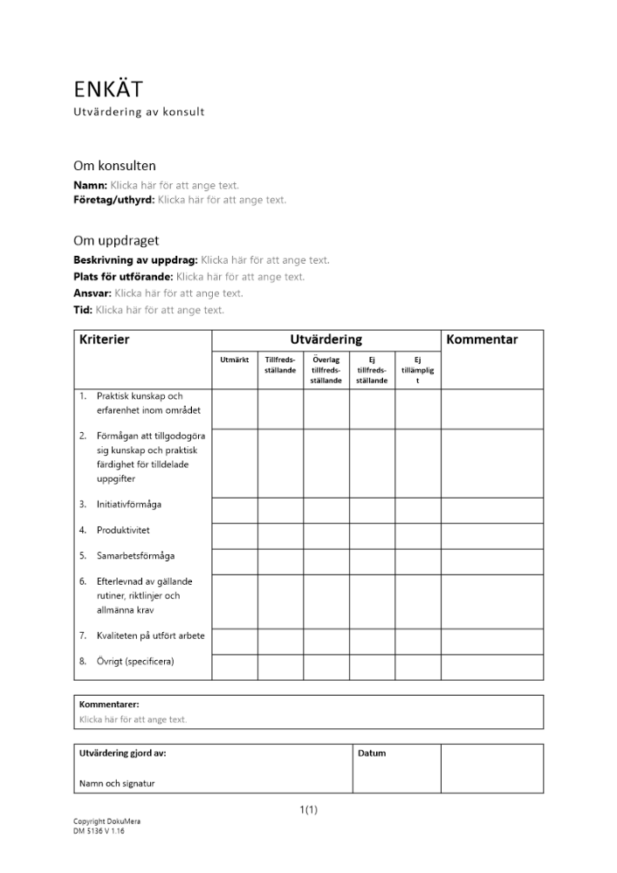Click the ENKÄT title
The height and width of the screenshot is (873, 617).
tap(108, 89)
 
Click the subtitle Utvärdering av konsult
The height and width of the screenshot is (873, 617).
tap(139, 112)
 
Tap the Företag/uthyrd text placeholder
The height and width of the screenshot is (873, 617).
tap(222, 200)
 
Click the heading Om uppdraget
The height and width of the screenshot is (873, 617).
tap(116, 240)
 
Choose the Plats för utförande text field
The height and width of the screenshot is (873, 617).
tap(241, 277)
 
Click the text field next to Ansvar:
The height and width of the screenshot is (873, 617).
tap(179, 293)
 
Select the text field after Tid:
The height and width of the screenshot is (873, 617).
tap(160, 310)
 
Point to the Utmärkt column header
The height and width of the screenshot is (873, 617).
tap(235, 360)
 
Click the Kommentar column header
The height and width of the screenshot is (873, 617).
tap(482, 340)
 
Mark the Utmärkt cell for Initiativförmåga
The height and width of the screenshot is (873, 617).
tap(235, 510)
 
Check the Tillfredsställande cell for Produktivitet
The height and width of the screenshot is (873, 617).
tap(280, 535)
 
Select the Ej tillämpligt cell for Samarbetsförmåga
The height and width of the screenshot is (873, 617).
tap(417, 561)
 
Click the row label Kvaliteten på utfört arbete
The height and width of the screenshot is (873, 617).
tap(150, 636)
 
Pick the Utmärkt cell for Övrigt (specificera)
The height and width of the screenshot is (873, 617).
tap(235, 667)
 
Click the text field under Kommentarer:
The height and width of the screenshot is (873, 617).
tap(133, 719)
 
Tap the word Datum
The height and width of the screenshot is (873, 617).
tap(372, 753)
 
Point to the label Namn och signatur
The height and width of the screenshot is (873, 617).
tap(117, 783)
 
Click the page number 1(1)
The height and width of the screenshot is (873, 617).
tap(308, 809)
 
